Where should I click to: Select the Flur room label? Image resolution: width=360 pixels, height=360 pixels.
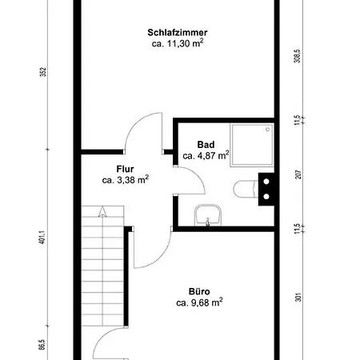[x=125, y=169]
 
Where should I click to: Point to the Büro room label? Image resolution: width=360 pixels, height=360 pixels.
[x=199, y=292]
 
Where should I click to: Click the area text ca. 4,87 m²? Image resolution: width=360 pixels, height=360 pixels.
[x=206, y=155]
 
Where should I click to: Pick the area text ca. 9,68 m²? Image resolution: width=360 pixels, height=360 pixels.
[x=199, y=303]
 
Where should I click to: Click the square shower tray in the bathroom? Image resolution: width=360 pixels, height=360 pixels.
[x=252, y=145]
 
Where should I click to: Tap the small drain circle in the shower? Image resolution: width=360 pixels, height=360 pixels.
[x=252, y=145]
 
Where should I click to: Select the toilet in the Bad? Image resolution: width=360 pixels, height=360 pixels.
[x=244, y=190]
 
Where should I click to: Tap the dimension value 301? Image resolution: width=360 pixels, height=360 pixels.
[x=297, y=298]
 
